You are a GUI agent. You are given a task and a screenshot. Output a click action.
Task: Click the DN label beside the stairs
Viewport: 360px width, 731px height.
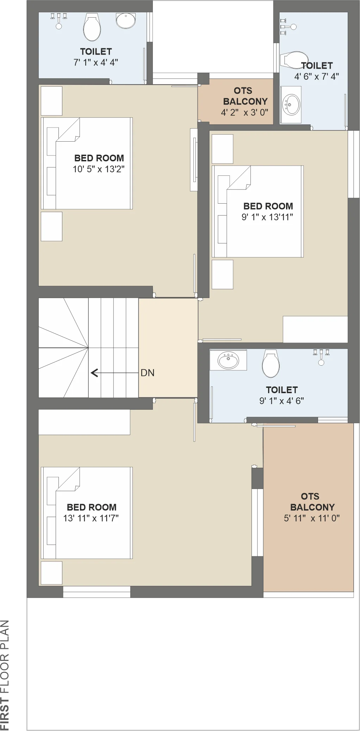click(147, 373)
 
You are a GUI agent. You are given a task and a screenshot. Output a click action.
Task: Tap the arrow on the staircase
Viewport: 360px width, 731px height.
click(114, 373)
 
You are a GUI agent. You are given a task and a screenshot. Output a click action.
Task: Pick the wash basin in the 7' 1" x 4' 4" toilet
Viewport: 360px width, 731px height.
click(126, 20)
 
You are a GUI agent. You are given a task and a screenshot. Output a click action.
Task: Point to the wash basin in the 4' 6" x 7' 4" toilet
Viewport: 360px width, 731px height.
click(291, 104)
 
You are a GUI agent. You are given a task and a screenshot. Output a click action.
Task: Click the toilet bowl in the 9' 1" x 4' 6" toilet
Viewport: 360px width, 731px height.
click(271, 363)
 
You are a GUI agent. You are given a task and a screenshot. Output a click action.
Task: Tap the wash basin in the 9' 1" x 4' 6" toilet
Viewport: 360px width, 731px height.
click(228, 360)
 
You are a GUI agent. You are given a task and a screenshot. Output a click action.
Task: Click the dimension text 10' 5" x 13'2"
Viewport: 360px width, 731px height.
click(99, 169)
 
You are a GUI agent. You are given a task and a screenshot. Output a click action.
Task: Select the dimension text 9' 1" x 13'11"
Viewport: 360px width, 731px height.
click(267, 217)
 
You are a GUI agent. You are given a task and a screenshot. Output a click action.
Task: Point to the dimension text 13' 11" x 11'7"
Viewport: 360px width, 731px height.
click(91, 518)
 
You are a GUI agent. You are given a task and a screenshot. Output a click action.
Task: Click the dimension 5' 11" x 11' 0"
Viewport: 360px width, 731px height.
click(312, 518)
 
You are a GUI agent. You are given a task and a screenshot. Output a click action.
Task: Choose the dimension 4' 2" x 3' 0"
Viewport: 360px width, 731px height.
click(244, 112)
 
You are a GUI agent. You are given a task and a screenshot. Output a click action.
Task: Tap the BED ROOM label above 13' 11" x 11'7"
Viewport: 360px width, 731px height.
click(92, 507)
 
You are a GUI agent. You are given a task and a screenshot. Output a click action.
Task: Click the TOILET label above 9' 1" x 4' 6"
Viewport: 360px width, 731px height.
click(282, 390)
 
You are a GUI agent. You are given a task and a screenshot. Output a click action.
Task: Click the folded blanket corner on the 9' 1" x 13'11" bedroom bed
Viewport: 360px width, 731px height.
click(239, 178)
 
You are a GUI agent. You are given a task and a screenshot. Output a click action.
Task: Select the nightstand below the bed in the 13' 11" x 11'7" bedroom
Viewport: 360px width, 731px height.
click(51, 573)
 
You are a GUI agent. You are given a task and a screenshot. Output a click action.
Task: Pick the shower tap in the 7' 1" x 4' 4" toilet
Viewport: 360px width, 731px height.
click(59, 21)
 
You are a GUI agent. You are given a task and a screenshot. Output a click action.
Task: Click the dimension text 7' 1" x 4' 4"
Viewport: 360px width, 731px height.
click(96, 62)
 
